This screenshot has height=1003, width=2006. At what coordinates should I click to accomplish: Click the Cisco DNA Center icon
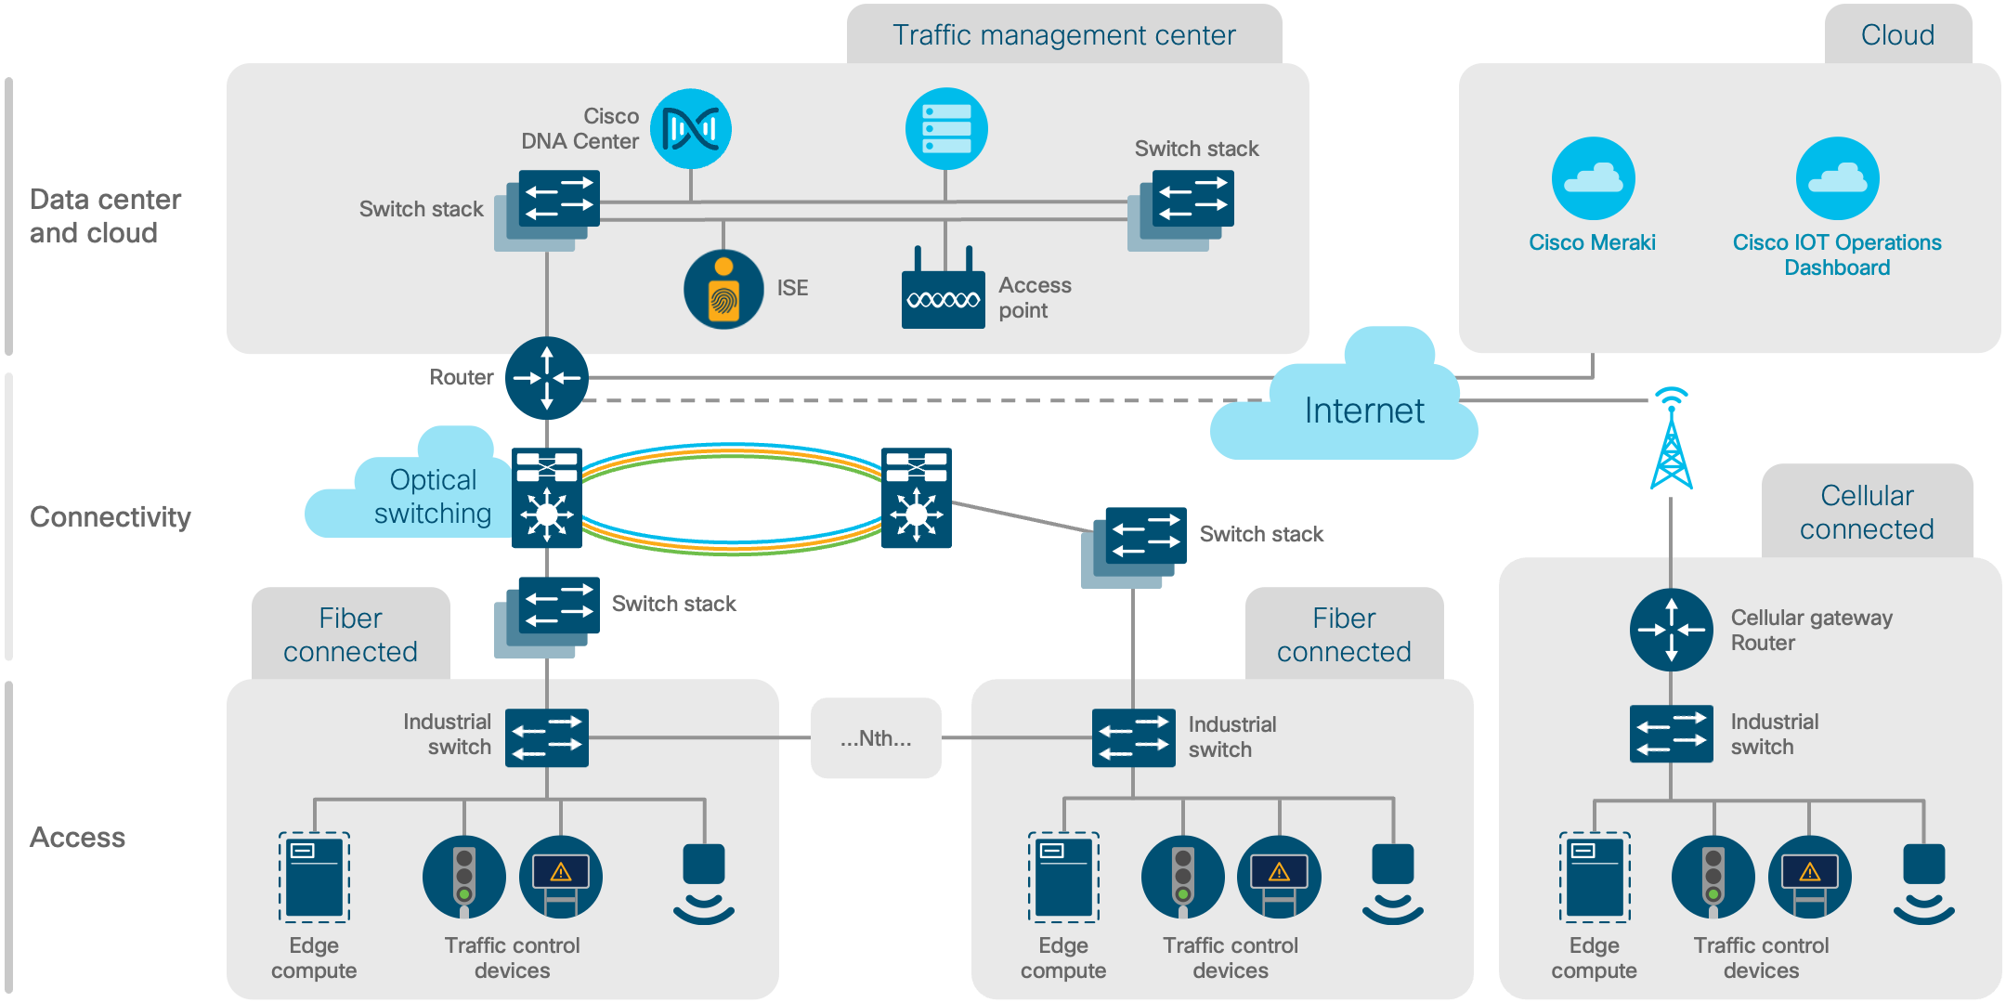pyautogui.click(x=690, y=129)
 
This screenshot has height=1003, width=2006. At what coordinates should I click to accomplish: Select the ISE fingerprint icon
pyautogui.click(x=723, y=290)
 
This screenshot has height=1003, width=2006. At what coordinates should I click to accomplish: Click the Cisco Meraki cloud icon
pyautogui.click(x=1593, y=178)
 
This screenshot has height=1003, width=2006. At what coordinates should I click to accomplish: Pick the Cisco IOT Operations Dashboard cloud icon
pyautogui.click(x=1836, y=178)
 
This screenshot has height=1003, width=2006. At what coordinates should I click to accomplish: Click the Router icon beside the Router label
pyautogui.click(x=547, y=378)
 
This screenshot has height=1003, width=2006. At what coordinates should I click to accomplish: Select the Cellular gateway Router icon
pyautogui.click(x=1671, y=630)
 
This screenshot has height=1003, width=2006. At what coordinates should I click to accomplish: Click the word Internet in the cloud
pyautogui.click(x=1363, y=410)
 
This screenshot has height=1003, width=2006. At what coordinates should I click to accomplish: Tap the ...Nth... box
pyautogui.click(x=876, y=738)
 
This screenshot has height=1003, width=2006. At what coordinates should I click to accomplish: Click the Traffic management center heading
pyautogui.click(x=1063, y=35)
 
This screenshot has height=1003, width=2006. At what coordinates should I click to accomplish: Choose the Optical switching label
pyautogui.click(x=432, y=497)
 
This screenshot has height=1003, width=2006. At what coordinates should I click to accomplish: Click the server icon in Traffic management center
pyautogui.click(x=945, y=129)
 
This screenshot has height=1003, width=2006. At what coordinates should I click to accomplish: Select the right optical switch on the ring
pyautogui.click(x=916, y=498)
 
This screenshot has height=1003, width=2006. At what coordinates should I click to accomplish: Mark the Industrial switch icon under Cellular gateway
pyautogui.click(x=1671, y=734)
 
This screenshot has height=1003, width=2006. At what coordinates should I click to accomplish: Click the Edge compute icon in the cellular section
pyautogui.click(x=1595, y=877)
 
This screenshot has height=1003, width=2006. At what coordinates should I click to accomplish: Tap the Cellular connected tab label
pyautogui.click(x=1867, y=513)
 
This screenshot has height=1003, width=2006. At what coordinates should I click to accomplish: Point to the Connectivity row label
pyautogui.click(x=110, y=517)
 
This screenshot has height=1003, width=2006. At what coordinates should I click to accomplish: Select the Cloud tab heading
pyautogui.click(x=1897, y=35)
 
